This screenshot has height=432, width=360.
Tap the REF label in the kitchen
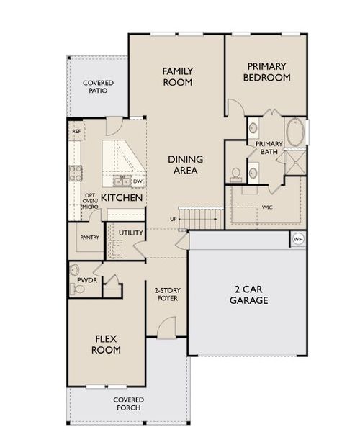pyautogui.click(x=76, y=132)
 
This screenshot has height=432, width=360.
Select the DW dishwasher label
pyautogui.click(x=138, y=181)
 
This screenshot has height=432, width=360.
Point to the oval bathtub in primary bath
pyautogui.click(x=295, y=132)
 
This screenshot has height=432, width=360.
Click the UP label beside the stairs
pyautogui.click(x=174, y=220)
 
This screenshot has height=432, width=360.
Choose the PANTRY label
pyautogui.click(x=89, y=237)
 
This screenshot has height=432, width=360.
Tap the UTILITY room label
pyautogui.click(x=131, y=233)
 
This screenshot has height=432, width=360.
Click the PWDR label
pyautogui.click(x=87, y=280)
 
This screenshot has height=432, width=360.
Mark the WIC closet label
pyautogui.click(x=267, y=207)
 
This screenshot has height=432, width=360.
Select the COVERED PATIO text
pyautogui.click(x=98, y=86)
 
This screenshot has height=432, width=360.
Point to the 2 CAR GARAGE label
pyautogui.click(x=248, y=294)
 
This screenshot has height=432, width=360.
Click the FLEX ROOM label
pyautogui.click(x=106, y=344)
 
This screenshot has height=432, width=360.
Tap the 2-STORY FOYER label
pyautogui.click(x=168, y=294)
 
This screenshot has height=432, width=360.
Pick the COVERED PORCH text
pyautogui.click(x=128, y=404)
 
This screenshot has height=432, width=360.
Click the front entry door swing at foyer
pyautogui.click(x=166, y=327)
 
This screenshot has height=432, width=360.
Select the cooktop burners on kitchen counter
pyautogui.click(x=75, y=173)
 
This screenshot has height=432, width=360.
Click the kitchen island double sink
pyautogui.click(x=122, y=181)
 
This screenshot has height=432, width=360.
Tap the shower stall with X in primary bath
pyautogui.click(x=294, y=163)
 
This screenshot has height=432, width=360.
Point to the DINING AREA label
pyautogui.click(x=185, y=165)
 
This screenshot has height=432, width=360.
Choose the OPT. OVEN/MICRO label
pyautogui.click(x=90, y=201)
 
